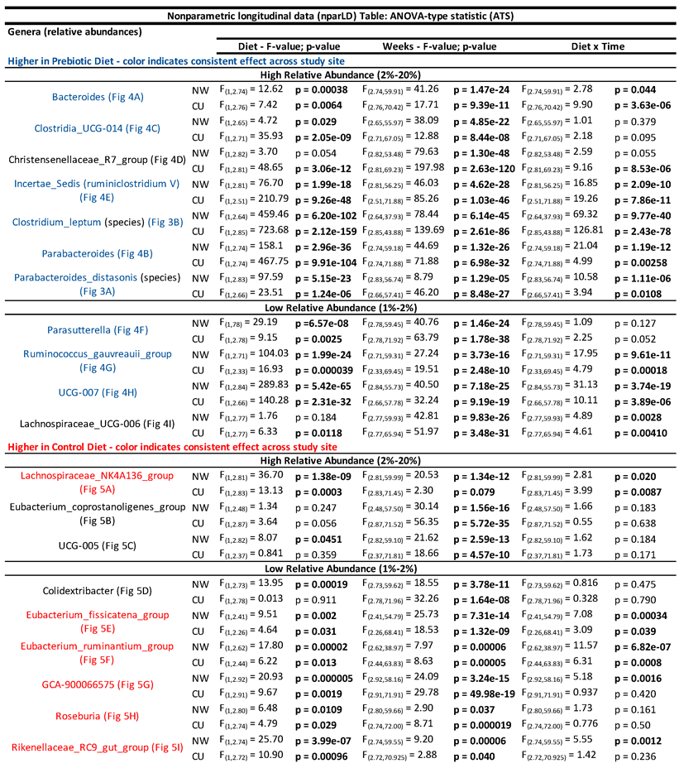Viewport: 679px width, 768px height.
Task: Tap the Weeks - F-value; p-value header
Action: (439, 46)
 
